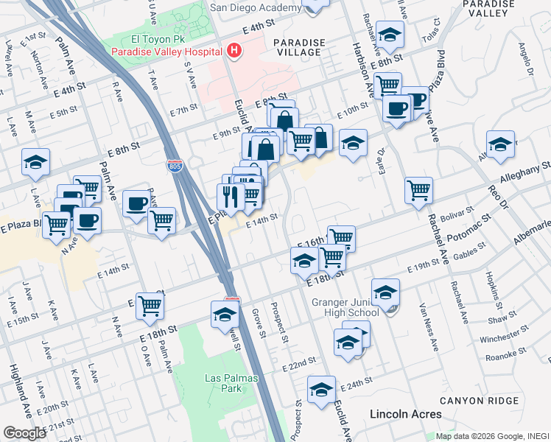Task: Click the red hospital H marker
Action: pos(234,51)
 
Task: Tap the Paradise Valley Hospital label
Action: pos(166,52)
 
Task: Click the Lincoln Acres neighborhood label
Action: pos(406,415)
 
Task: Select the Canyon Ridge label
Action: pos(472,400)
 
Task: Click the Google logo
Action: pos(24,433)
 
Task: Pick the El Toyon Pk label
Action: pos(139,39)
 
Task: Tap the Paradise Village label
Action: pos(297,47)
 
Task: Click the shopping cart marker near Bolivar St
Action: pos(418,191)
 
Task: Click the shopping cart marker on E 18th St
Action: pos(150,305)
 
